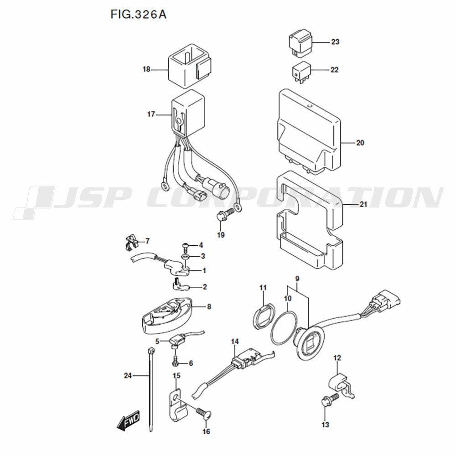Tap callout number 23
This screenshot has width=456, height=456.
(335, 42)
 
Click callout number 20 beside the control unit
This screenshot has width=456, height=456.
(360, 143)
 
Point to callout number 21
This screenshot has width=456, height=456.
(363, 204)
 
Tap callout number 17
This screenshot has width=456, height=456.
(151, 114)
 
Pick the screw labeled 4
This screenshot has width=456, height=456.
(185, 246)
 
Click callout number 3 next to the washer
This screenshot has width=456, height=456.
(203, 256)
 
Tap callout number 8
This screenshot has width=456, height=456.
(209, 307)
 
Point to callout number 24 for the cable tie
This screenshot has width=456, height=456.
(128, 376)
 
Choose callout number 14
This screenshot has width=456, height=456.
(235, 342)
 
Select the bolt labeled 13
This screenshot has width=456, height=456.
(326, 402)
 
